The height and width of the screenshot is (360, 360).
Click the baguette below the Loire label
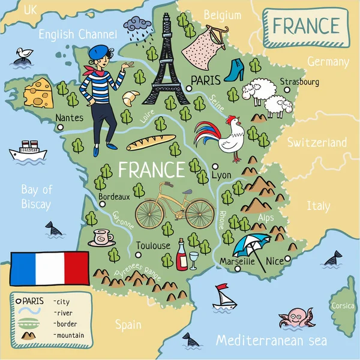[151, 143]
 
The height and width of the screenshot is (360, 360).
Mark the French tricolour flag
[50, 268]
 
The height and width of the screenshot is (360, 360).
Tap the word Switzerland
[316, 143]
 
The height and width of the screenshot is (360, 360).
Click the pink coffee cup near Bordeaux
[102, 237]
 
